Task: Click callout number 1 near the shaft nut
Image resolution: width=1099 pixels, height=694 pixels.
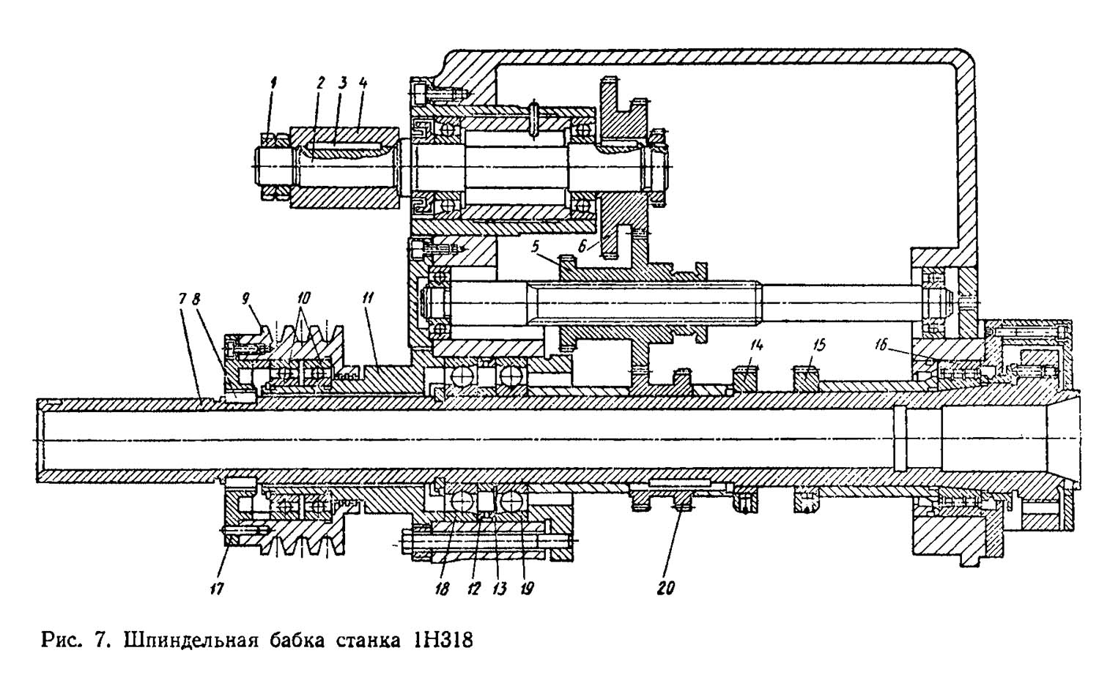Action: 273,83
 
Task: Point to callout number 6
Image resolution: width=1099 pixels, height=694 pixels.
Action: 582,247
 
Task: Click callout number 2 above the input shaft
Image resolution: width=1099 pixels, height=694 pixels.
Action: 319,83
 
